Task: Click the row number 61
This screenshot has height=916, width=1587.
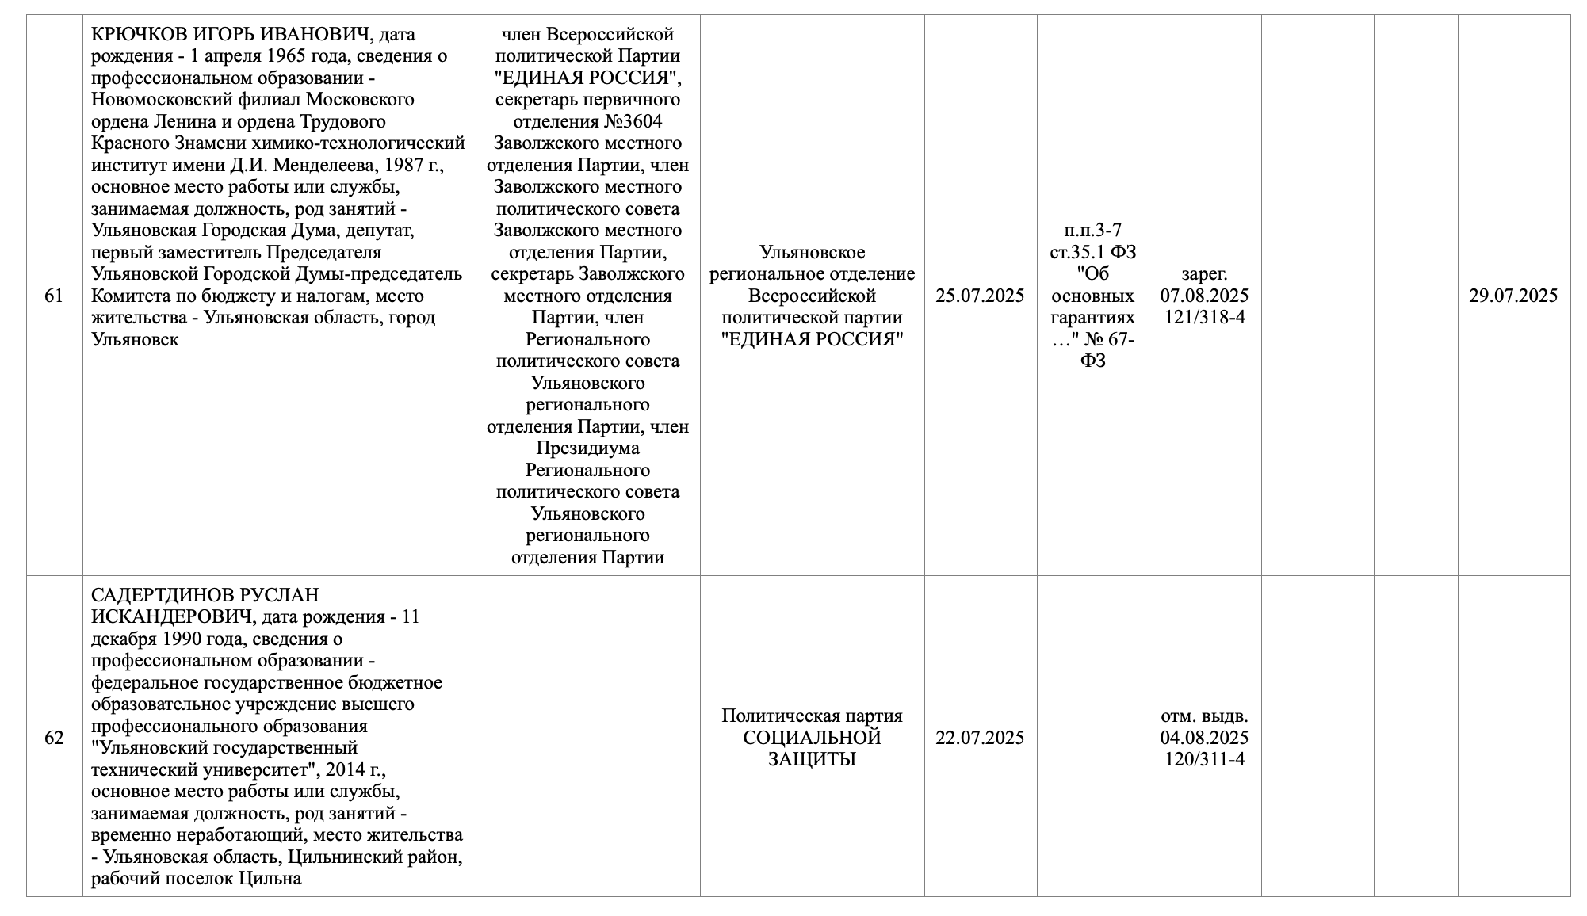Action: pyautogui.click(x=54, y=296)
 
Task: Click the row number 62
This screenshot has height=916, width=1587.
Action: pyautogui.click(x=54, y=738)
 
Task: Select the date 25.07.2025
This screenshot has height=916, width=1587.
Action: pyautogui.click(x=980, y=296)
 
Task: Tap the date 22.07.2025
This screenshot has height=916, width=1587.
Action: pyautogui.click(x=980, y=738)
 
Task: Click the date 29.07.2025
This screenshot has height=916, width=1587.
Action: pyautogui.click(x=1513, y=296)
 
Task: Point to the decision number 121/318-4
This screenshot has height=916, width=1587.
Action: pyautogui.click(x=1204, y=318)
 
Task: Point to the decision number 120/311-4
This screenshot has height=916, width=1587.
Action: pyautogui.click(x=1204, y=759)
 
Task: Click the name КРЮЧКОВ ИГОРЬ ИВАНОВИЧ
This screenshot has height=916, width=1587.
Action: pyautogui.click(x=230, y=35)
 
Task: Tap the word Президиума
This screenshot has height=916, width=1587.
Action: pyautogui.click(x=587, y=448)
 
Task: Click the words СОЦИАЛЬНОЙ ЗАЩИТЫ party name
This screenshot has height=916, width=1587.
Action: pyautogui.click(x=812, y=749)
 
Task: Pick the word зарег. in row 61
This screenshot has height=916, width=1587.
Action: pyautogui.click(x=1204, y=274)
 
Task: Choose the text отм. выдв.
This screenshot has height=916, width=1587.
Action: pyautogui.click(x=1204, y=716)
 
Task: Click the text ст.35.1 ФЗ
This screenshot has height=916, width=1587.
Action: pyautogui.click(x=1092, y=252)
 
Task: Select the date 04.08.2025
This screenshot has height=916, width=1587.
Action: pyautogui.click(x=1204, y=738)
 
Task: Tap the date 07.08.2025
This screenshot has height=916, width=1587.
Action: pyautogui.click(x=1204, y=296)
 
